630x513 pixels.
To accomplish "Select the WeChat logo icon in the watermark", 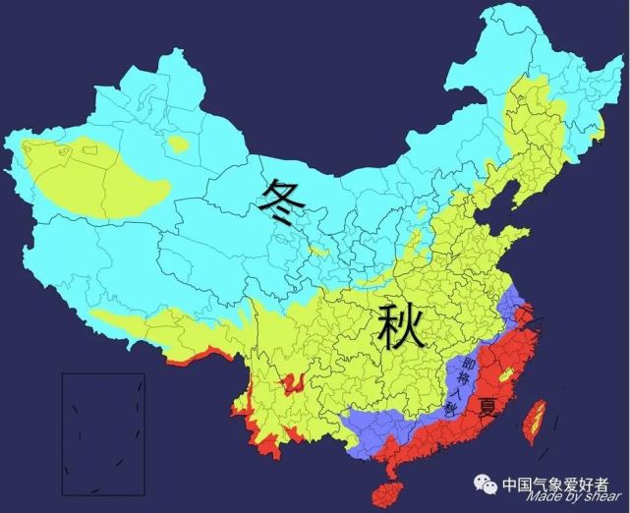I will [485, 485].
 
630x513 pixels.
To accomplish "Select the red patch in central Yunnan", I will [292, 382].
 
